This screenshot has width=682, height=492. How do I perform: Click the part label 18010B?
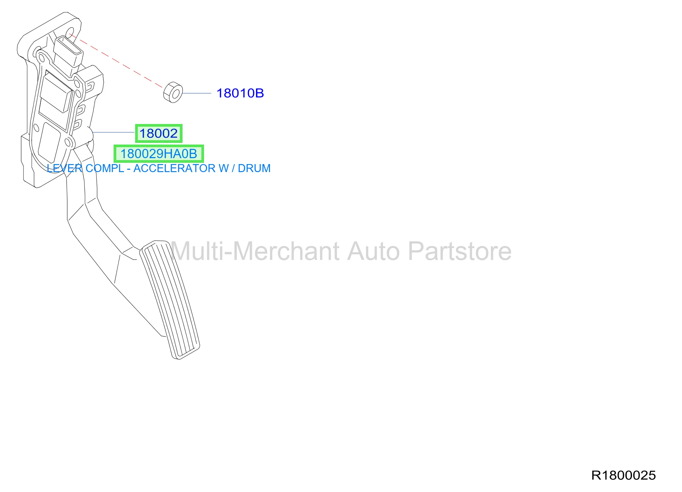point(240,93)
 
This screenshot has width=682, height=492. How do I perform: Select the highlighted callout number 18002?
point(159,134)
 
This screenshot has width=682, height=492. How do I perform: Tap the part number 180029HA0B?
point(159,154)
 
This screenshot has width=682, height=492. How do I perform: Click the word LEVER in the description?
point(65,168)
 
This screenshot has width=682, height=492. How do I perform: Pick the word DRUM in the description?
point(254,168)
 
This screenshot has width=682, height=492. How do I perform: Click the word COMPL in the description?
point(105,168)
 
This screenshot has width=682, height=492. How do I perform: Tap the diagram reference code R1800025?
point(623,475)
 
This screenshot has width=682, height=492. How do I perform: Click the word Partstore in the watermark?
point(460,251)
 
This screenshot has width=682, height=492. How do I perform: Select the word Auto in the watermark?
point(374,251)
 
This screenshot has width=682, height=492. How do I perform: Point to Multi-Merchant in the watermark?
point(255,251)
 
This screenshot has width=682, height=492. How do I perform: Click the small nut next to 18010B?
point(173,92)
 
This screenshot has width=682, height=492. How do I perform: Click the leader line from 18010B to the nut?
point(197,93)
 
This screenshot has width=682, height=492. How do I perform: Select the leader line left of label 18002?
point(113,132)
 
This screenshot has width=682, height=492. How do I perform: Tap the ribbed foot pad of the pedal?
point(170,300)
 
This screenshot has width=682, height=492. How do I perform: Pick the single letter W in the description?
point(224,168)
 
